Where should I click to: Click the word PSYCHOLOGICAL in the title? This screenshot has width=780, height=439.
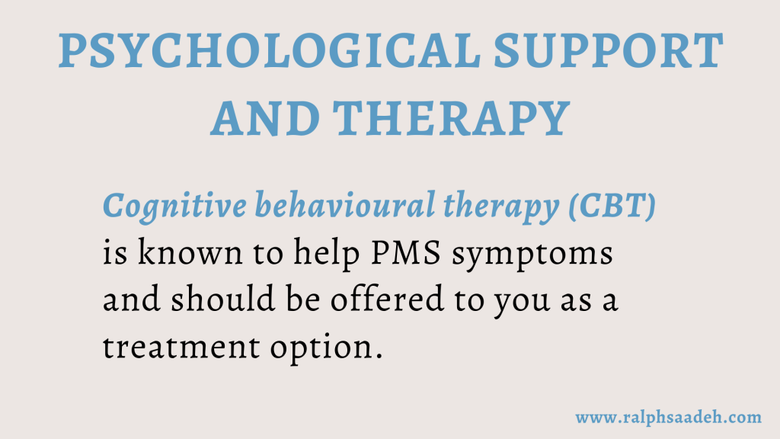point(270,50)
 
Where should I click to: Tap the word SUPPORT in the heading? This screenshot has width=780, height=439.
point(609,50)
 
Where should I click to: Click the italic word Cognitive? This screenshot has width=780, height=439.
point(174,207)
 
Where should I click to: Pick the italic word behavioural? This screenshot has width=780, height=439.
point(345,205)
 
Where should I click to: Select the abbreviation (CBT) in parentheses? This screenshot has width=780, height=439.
point(612,206)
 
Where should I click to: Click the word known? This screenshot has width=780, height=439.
point(190,252)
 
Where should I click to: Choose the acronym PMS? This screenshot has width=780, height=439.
point(406,253)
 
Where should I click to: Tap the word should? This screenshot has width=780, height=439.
point(223,299)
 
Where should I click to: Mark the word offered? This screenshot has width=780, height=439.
point(387,299)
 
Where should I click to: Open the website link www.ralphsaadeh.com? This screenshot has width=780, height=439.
point(668,417)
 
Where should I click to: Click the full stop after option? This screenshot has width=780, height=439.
point(379,357)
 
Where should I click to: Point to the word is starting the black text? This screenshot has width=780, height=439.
point(115,253)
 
